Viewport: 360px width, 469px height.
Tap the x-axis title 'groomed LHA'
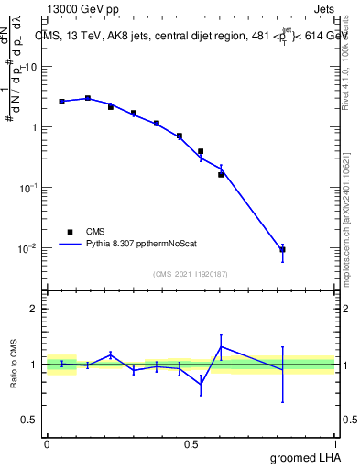coord(302,457)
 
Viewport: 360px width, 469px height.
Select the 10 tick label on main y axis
coord(31,67)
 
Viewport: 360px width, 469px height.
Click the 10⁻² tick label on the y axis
coord(27,247)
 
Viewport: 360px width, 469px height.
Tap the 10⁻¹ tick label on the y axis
coord(27,187)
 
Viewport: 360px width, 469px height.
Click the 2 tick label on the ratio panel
coord(34,309)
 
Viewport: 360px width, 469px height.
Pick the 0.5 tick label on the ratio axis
coord(29,420)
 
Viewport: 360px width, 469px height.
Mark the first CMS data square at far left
coord(61,101)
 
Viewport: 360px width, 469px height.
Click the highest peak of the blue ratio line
coord(221,346)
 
